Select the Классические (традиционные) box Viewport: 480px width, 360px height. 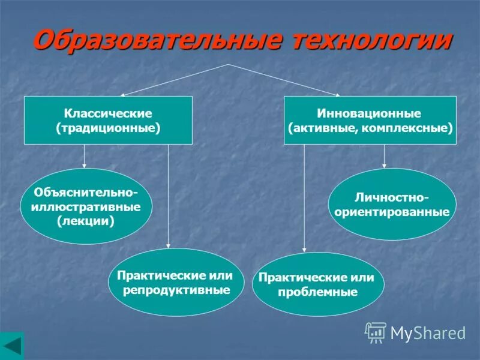[x=108, y=120]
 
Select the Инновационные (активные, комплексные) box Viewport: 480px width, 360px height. [x=370, y=120]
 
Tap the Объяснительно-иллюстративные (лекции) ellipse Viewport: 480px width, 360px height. [x=86, y=206]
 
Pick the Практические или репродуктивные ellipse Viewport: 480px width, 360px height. [x=176, y=283]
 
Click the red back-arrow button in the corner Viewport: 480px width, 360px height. [x=12, y=347]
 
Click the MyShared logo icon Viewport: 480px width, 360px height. [x=375, y=331]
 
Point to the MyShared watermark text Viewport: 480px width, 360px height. [x=428, y=332]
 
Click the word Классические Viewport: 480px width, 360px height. [x=108, y=113]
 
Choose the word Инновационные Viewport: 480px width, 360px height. [x=370, y=113]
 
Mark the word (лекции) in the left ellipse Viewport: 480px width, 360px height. [x=86, y=221]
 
